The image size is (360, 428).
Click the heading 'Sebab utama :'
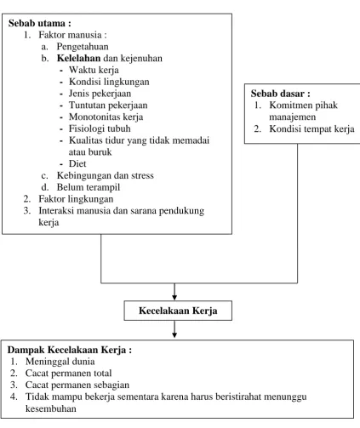click(x=40, y=23)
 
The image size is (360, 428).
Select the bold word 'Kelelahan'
click(x=78, y=58)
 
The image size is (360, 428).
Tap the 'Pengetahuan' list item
click(x=83, y=47)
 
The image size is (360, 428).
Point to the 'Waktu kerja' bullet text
click(x=94, y=70)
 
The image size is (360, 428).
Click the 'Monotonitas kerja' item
click(x=106, y=117)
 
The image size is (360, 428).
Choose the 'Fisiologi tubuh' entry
click(x=100, y=128)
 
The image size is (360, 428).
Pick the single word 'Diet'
click(x=77, y=163)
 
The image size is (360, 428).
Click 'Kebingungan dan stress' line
click(x=105, y=175)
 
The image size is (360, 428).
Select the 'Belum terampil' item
click(x=89, y=187)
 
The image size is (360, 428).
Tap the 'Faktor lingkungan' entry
click(x=76, y=199)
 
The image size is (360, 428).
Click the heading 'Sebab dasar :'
click(x=280, y=94)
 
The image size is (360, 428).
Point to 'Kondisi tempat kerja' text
click(x=311, y=128)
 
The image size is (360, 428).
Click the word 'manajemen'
click(x=292, y=117)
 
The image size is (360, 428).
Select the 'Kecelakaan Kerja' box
click(x=178, y=311)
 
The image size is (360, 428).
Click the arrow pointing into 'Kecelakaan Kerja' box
click(x=174, y=291)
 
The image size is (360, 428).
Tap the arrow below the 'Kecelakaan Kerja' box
click(x=174, y=329)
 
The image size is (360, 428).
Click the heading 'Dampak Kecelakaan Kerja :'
click(x=70, y=350)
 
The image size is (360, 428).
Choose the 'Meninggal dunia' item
click(x=60, y=362)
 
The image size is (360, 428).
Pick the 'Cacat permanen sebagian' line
click(x=77, y=385)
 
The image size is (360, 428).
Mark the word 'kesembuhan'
click(x=50, y=408)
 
